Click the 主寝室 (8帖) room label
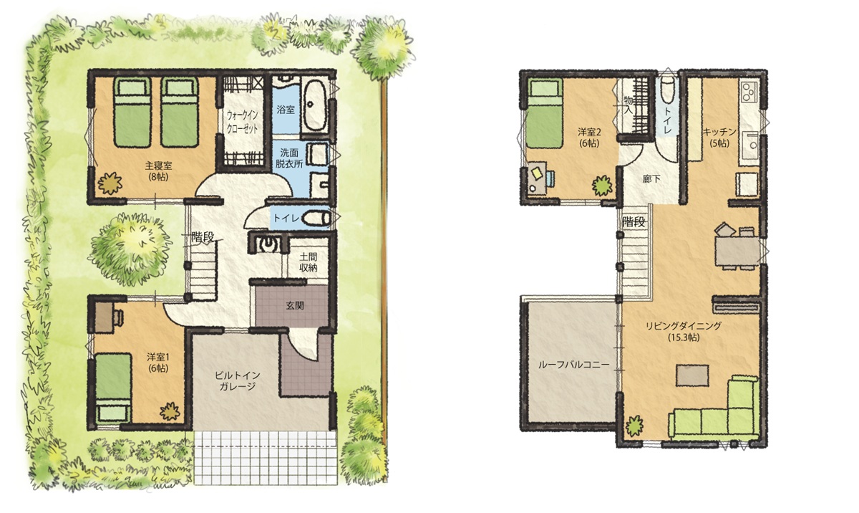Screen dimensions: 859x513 point(158,171)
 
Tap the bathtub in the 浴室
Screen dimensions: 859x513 point(314,105)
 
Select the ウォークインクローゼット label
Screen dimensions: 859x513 point(243,122)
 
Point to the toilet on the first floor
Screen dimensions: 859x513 point(316,219)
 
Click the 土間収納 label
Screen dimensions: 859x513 point(309,262)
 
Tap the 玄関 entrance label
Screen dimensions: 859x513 point(295,306)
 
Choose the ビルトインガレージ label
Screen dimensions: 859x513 point(238,380)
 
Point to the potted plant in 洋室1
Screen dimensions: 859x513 point(170,411)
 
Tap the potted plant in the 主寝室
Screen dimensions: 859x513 point(110,183)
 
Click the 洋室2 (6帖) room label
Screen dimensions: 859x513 point(588,138)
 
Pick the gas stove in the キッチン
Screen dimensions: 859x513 point(749,92)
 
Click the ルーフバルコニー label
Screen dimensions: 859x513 point(573,365)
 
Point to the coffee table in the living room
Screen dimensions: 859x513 point(692,375)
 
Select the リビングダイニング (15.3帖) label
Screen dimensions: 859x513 point(684,332)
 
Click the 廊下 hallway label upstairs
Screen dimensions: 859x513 point(651,178)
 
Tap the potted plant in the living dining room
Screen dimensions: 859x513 point(634,426)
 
